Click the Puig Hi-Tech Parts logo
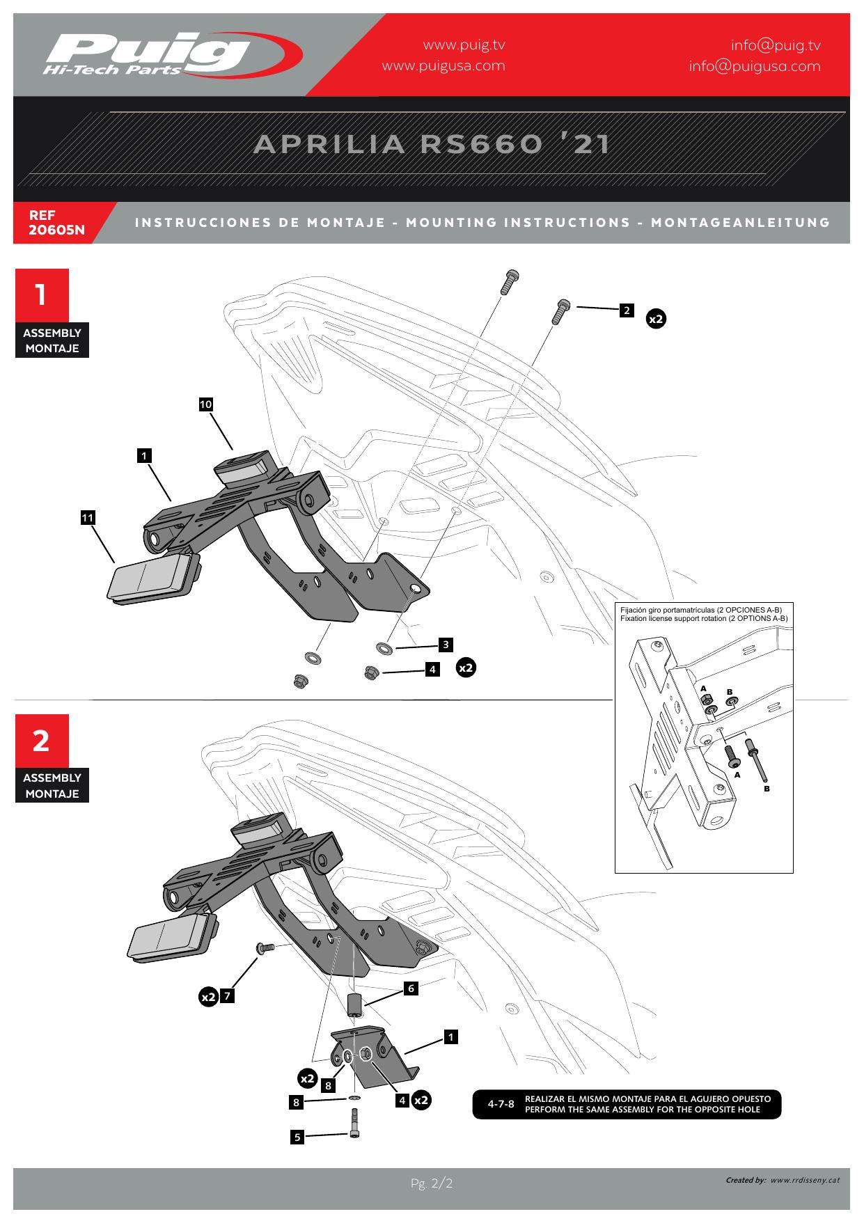point(171,54)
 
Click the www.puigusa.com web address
point(443,66)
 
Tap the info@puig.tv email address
point(775,45)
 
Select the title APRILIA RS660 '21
point(432,144)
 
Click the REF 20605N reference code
point(56,223)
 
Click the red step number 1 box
point(42,294)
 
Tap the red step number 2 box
point(42,740)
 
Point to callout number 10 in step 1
point(205,404)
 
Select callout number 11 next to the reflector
point(87,518)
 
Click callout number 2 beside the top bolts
point(627,310)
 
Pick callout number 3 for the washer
point(446,645)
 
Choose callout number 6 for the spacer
point(411,988)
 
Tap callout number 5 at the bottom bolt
point(297,1137)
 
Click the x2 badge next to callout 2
point(656,319)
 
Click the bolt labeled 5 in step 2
point(354,1122)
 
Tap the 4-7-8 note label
point(501,1104)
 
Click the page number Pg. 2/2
point(432,1183)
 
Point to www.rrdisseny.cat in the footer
point(805,1181)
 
